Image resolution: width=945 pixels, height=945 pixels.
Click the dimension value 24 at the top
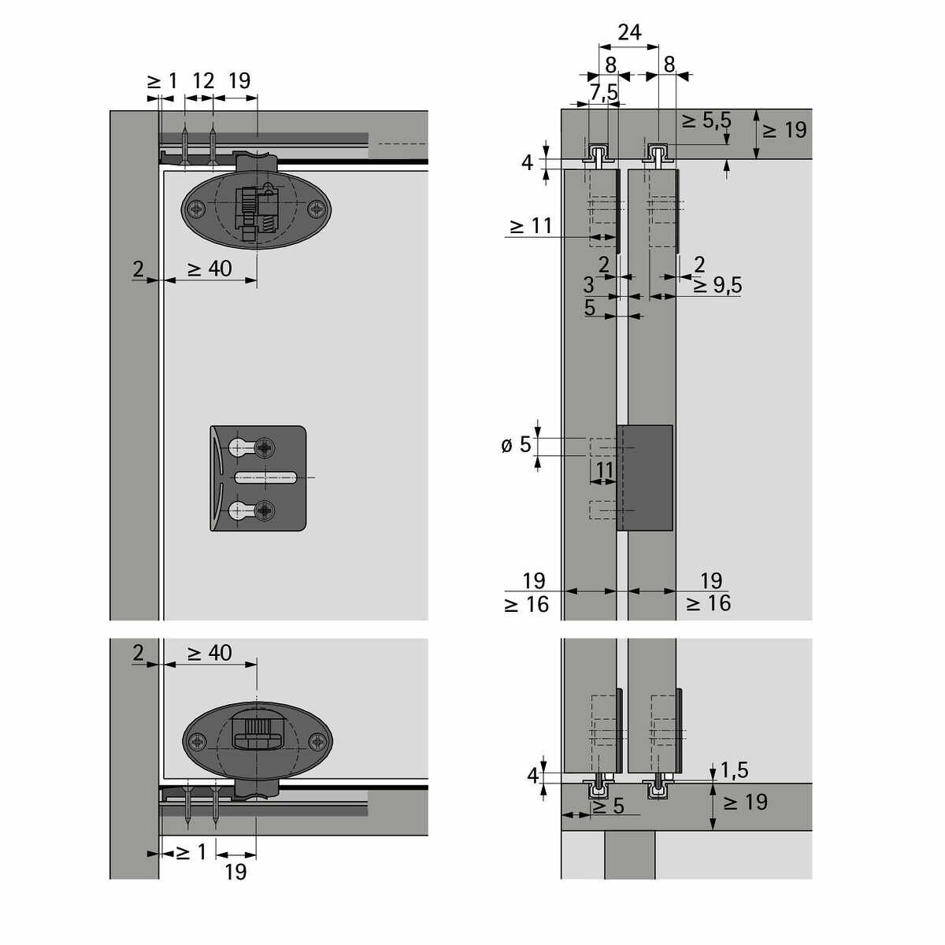pos(629,32)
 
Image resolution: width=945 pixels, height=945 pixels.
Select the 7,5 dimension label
pos(604,92)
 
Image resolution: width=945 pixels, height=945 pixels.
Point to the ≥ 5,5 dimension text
pos(706,120)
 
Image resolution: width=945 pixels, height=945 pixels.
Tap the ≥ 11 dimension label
pos(531,226)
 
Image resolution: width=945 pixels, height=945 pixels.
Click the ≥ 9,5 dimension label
pos(717,285)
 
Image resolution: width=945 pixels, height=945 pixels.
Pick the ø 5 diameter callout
pos(517,445)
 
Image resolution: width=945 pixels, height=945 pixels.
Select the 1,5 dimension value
pos(735,770)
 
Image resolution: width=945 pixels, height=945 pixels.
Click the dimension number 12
pos(203,81)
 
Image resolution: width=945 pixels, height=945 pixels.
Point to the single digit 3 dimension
pos(588,285)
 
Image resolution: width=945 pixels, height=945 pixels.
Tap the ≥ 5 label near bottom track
pos(608,806)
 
